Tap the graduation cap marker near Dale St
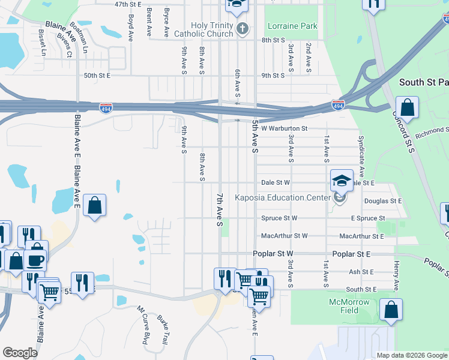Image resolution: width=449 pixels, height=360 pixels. (341, 180)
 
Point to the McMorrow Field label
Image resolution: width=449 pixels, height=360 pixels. (349, 306)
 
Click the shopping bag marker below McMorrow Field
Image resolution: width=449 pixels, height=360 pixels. (391, 310)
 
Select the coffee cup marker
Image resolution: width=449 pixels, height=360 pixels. (36, 260)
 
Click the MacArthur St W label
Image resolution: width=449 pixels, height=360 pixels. (283, 236)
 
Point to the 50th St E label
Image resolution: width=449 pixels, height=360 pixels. (97, 76)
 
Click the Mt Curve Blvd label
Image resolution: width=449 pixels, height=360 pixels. (143, 325)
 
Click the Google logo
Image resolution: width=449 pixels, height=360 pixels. (20, 352)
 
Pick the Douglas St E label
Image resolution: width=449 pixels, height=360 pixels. (382, 201)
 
